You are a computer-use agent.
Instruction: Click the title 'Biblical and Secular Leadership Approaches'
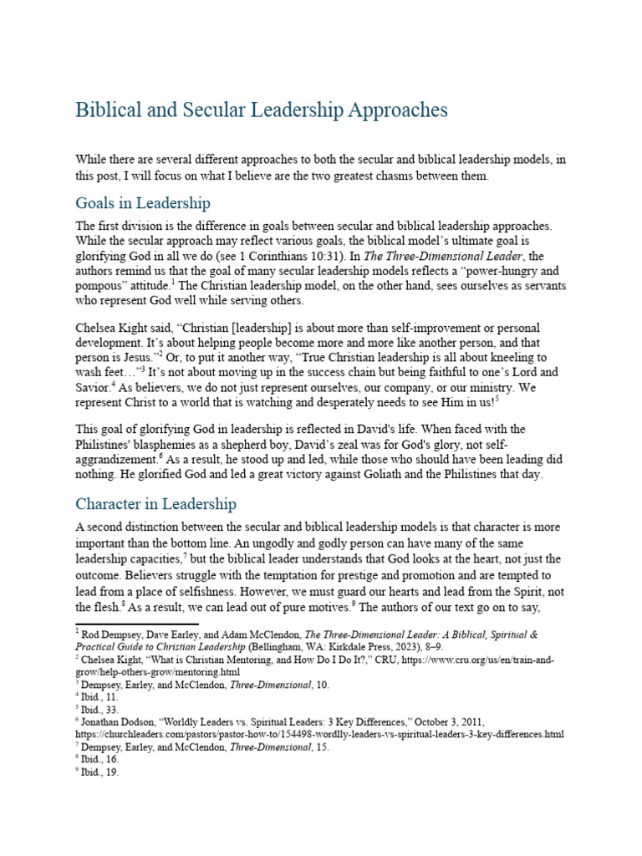point(262,110)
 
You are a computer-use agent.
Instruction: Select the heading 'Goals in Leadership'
point(143,203)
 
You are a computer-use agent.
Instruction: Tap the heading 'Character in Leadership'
point(155,504)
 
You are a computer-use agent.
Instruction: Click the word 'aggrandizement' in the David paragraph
point(115,459)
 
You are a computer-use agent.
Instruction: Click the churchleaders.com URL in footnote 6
point(319,734)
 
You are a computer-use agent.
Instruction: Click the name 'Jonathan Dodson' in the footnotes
point(120,721)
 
